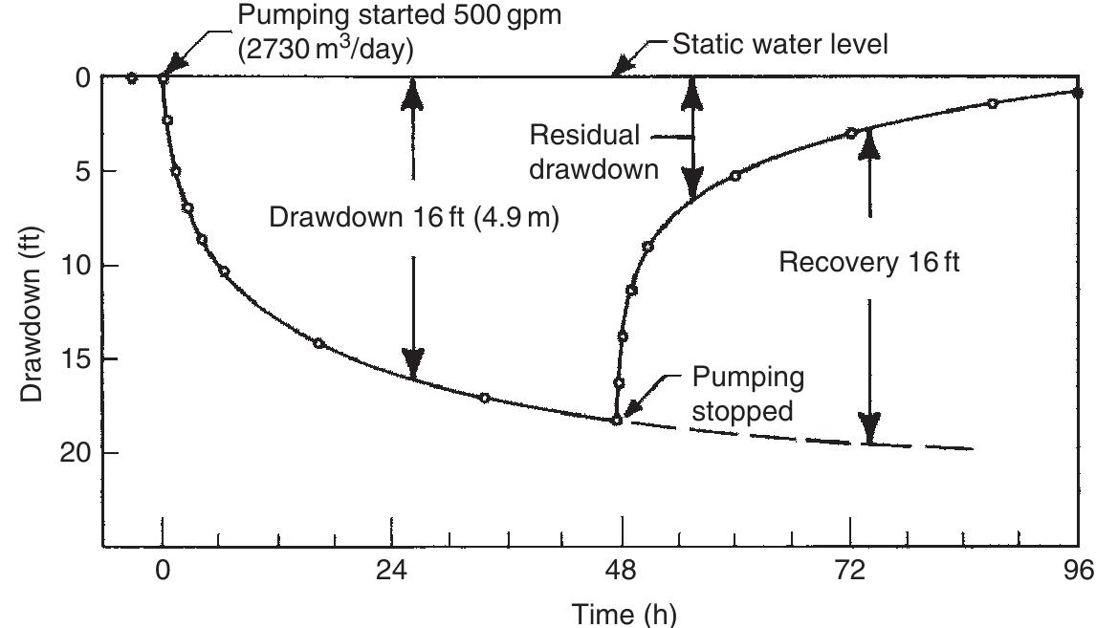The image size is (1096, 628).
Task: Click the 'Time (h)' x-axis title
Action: point(623,612)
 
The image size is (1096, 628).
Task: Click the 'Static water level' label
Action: point(780,45)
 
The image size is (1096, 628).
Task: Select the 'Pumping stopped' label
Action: point(748,394)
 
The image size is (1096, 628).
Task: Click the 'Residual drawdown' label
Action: point(594,152)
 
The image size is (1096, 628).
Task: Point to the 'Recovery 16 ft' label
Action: point(869,262)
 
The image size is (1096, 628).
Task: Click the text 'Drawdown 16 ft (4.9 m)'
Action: point(413,217)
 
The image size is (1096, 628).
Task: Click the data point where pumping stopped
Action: point(617,420)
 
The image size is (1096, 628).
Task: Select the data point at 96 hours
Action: point(1078,93)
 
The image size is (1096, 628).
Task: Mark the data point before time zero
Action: point(132,78)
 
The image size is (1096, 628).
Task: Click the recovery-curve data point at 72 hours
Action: point(850,133)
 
